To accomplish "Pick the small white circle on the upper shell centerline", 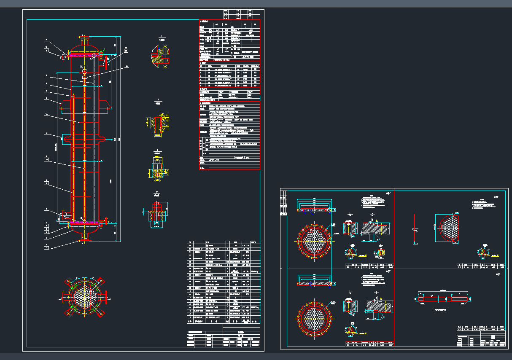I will [85, 71].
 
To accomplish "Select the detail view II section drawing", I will [159, 124].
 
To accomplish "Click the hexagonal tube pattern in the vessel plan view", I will [86, 297].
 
